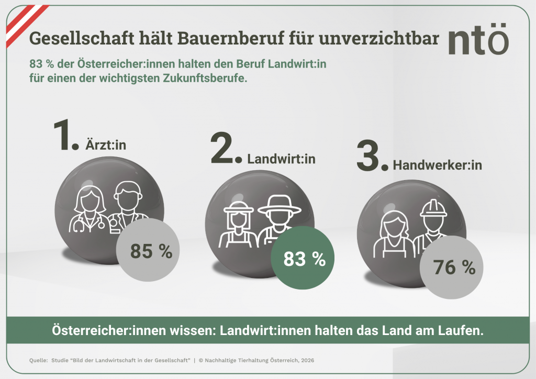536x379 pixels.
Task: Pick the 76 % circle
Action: pos(454,267)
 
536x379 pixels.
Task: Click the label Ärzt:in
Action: pos(106,146)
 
